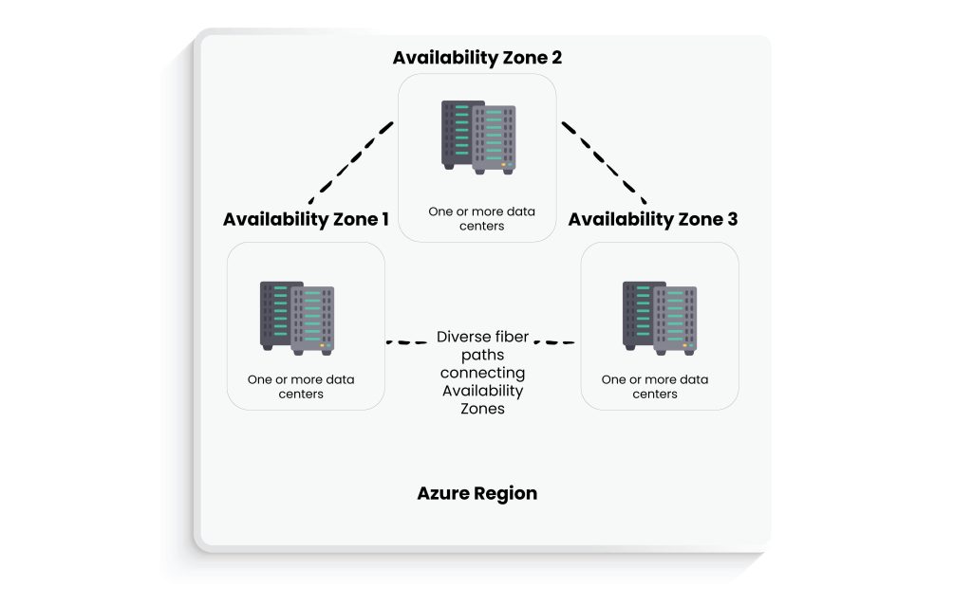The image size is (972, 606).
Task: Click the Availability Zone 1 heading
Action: (x=306, y=219)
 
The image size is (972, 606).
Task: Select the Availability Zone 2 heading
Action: (x=477, y=58)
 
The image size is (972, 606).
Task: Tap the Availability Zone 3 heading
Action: (x=652, y=219)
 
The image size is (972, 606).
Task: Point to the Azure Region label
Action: (x=477, y=493)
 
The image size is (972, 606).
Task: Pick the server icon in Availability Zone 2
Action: (x=477, y=138)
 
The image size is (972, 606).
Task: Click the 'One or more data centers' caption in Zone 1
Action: (x=301, y=386)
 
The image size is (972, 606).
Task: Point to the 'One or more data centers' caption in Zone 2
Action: (x=481, y=218)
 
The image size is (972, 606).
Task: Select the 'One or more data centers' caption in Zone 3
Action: (x=654, y=386)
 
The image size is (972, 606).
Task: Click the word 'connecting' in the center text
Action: (x=481, y=373)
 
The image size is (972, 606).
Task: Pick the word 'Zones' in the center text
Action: (x=481, y=409)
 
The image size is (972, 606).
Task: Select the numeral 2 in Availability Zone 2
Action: (x=555, y=58)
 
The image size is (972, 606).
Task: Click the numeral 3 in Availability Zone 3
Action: (x=731, y=219)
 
